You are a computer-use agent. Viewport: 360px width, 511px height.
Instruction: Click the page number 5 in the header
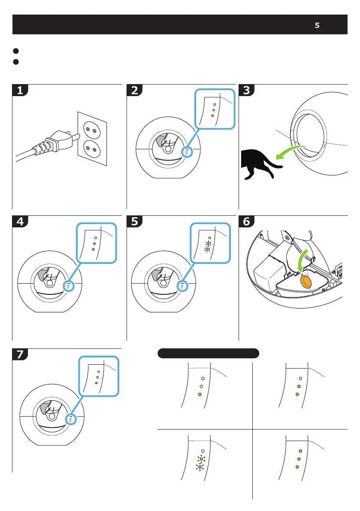(x=317, y=25)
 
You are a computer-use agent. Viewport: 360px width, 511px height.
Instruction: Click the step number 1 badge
(x=20, y=91)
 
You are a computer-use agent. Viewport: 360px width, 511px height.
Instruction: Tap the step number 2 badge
(x=135, y=91)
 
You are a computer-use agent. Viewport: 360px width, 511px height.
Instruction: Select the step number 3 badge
(x=247, y=91)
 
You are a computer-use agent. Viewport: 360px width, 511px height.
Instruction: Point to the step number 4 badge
(x=20, y=222)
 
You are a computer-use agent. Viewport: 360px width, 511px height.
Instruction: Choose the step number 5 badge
(x=135, y=222)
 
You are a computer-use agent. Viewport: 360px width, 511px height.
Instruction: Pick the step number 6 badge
(x=247, y=222)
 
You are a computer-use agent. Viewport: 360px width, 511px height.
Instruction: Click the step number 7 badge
(x=20, y=355)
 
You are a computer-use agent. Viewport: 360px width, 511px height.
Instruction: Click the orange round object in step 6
(x=306, y=281)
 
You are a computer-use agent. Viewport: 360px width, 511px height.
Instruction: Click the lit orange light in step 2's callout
(x=213, y=116)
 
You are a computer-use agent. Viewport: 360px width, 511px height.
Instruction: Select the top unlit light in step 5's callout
(x=209, y=237)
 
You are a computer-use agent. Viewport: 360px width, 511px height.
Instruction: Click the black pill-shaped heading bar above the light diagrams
(x=208, y=353)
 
